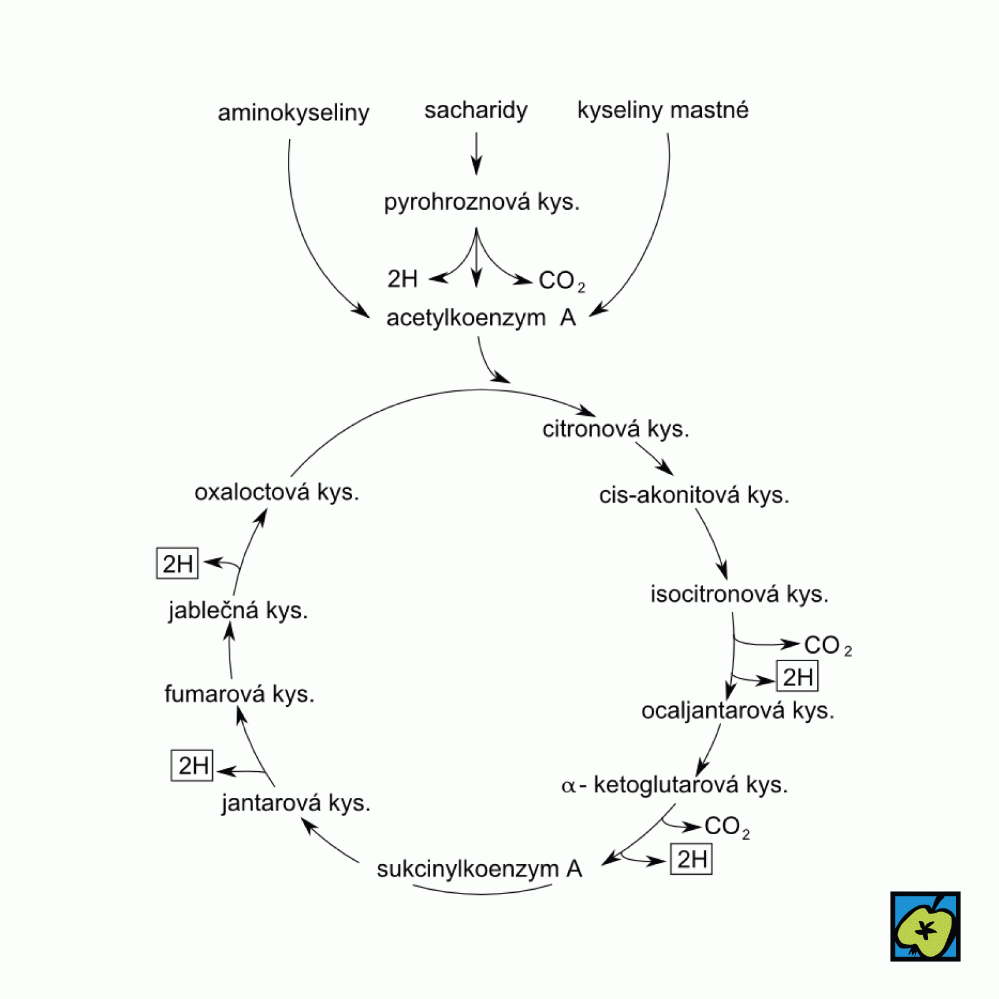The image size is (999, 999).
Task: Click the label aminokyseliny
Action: tap(293, 113)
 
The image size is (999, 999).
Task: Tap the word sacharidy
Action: tap(476, 110)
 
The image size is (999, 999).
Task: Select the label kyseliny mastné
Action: tap(662, 110)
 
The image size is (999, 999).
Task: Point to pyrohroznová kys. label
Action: tap(481, 202)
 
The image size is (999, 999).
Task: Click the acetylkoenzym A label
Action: tap(481, 318)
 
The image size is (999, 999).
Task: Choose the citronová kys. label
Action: tap(616, 429)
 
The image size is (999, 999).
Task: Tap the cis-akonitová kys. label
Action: tap(694, 495)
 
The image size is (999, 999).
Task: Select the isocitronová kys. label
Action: tap(739, 594)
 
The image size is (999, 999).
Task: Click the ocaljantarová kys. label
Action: tap(737, 711)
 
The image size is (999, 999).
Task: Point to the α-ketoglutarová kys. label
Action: tap(675, 785)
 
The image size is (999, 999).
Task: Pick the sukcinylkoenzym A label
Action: tap(479, 869)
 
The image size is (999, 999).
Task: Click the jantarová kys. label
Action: tap(296, 803)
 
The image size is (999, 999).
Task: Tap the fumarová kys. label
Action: tap(239, 694)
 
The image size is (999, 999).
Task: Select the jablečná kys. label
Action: tap(238, 610)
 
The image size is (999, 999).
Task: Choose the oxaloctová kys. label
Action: tap(277, 492)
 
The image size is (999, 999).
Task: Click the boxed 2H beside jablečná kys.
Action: tap(177, 564)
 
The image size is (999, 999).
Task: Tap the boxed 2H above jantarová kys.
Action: tap(192, 765)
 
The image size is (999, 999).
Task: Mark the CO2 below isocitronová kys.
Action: tap(827, 646)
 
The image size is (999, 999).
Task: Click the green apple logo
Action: tap(925, 926)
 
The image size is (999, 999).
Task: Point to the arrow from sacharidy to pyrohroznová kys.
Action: tap(476, 154)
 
